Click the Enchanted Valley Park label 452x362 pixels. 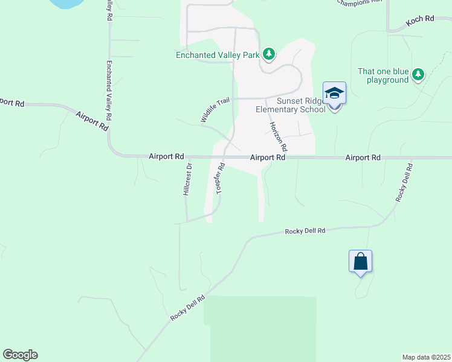(x=217, y=55)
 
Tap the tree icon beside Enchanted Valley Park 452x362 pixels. (x=269, y=55)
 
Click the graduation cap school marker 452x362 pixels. (x=334, y=94)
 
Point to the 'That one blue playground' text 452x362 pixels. (x=383, y=75)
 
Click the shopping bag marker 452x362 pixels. (x=360, y=262)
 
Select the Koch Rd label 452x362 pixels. (x=420, y=19)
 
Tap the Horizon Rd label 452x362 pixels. (x=278, y=136)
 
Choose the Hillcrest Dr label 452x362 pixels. (x=187, y=179)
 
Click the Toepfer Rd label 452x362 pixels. (x=221, y=177)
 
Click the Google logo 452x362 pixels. (x=20, y=355)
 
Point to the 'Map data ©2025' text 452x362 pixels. (x=426, y=357)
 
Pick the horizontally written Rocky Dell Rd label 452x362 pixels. (x=305, y=231)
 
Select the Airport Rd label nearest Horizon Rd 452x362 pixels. (x=268, y=157)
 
